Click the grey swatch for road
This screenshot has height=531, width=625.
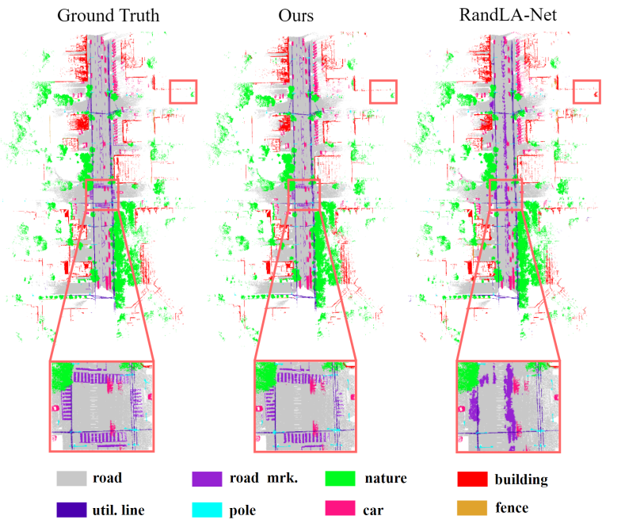click(x=70, y=479)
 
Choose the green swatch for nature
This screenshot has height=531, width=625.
click(x=338, y=479)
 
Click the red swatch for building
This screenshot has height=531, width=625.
click(x=471, y=479)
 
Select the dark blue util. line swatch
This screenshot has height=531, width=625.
click(x=70, y=508)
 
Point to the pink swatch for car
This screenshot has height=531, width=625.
click(x=338, y=508)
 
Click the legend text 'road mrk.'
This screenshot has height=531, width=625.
click(x=255, y=479)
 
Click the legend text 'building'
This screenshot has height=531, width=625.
click(x=520, y=479)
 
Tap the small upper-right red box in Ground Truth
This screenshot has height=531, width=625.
click(x=183, y=92)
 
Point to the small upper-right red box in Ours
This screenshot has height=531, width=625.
click(x=383, y=92)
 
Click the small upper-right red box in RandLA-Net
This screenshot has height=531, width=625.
click(x=588, y=92)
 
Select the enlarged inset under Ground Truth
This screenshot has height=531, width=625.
click(x=102, y=407)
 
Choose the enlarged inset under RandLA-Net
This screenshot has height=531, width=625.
click(x=508, y=407)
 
